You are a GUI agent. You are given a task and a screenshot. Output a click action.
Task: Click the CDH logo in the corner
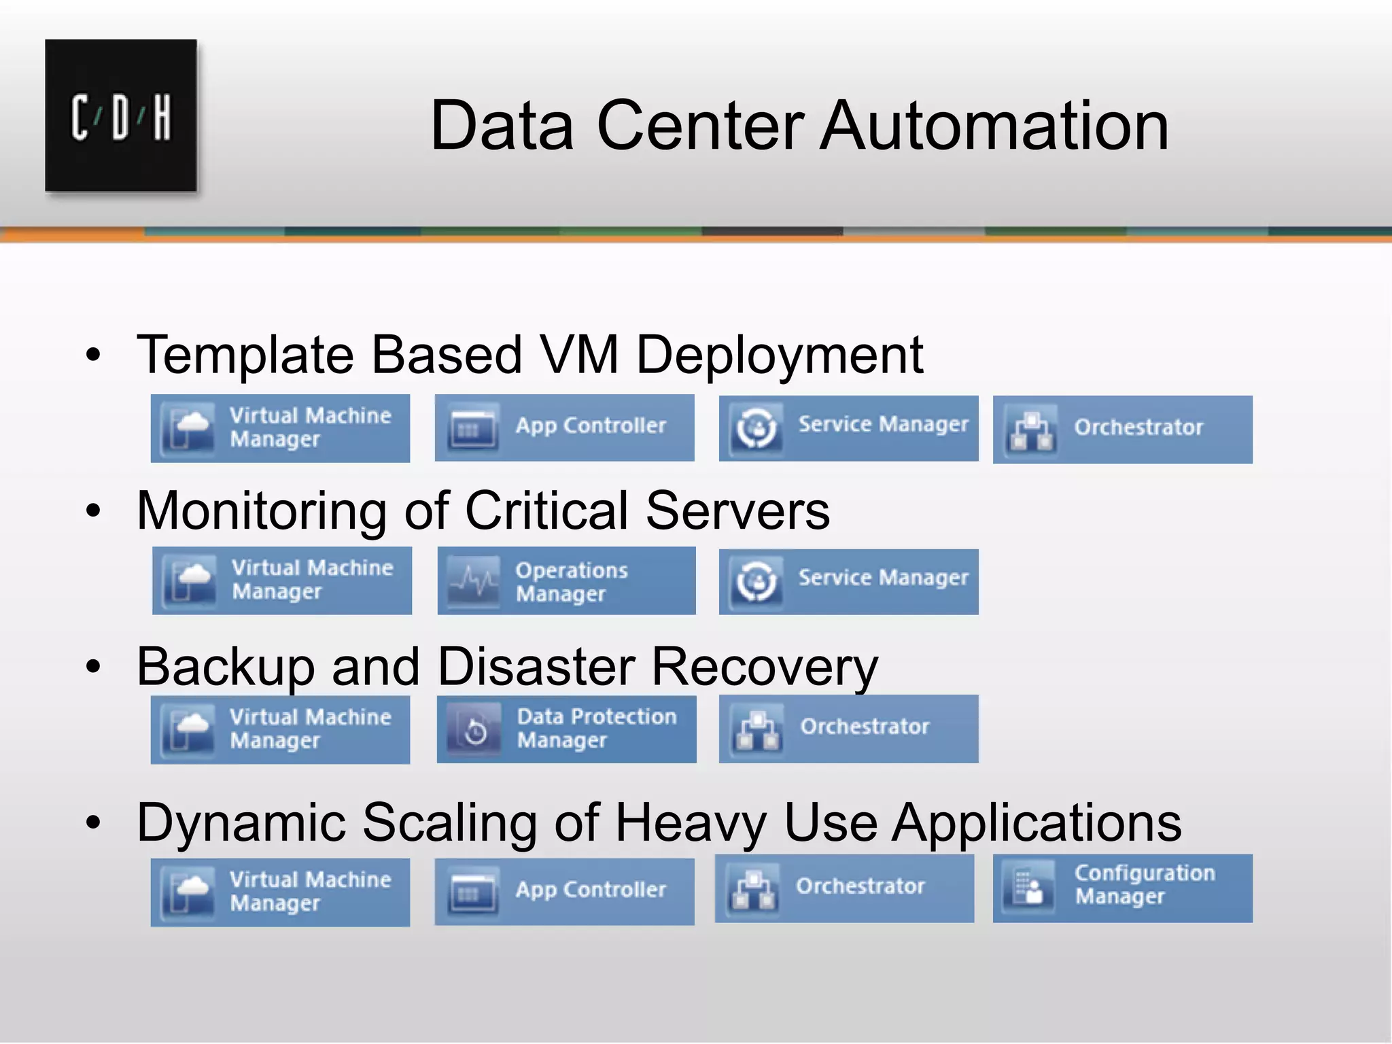(121, 116)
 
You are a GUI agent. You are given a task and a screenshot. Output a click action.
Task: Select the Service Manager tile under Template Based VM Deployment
(848, 428)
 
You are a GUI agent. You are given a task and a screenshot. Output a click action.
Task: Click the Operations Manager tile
(566, 581)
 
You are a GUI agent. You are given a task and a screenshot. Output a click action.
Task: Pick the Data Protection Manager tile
(566, 729)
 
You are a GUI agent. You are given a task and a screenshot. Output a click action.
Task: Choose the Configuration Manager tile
(1122, 888)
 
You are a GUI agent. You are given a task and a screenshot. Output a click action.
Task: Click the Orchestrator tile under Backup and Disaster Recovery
(848, 729)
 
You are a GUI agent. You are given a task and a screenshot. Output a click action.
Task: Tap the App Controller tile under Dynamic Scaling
(564, 891)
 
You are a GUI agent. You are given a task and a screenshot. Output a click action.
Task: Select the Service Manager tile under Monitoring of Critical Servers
(848, 581)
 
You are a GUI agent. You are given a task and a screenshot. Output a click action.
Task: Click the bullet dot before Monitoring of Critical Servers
(93, 511)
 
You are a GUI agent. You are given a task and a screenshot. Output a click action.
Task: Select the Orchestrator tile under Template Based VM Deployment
(1122, 430)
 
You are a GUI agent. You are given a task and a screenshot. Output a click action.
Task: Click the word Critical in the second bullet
(546, 511)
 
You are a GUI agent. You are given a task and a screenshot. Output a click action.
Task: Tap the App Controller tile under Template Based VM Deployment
(564, 428)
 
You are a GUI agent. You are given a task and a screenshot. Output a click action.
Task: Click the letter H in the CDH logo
(162, 117)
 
